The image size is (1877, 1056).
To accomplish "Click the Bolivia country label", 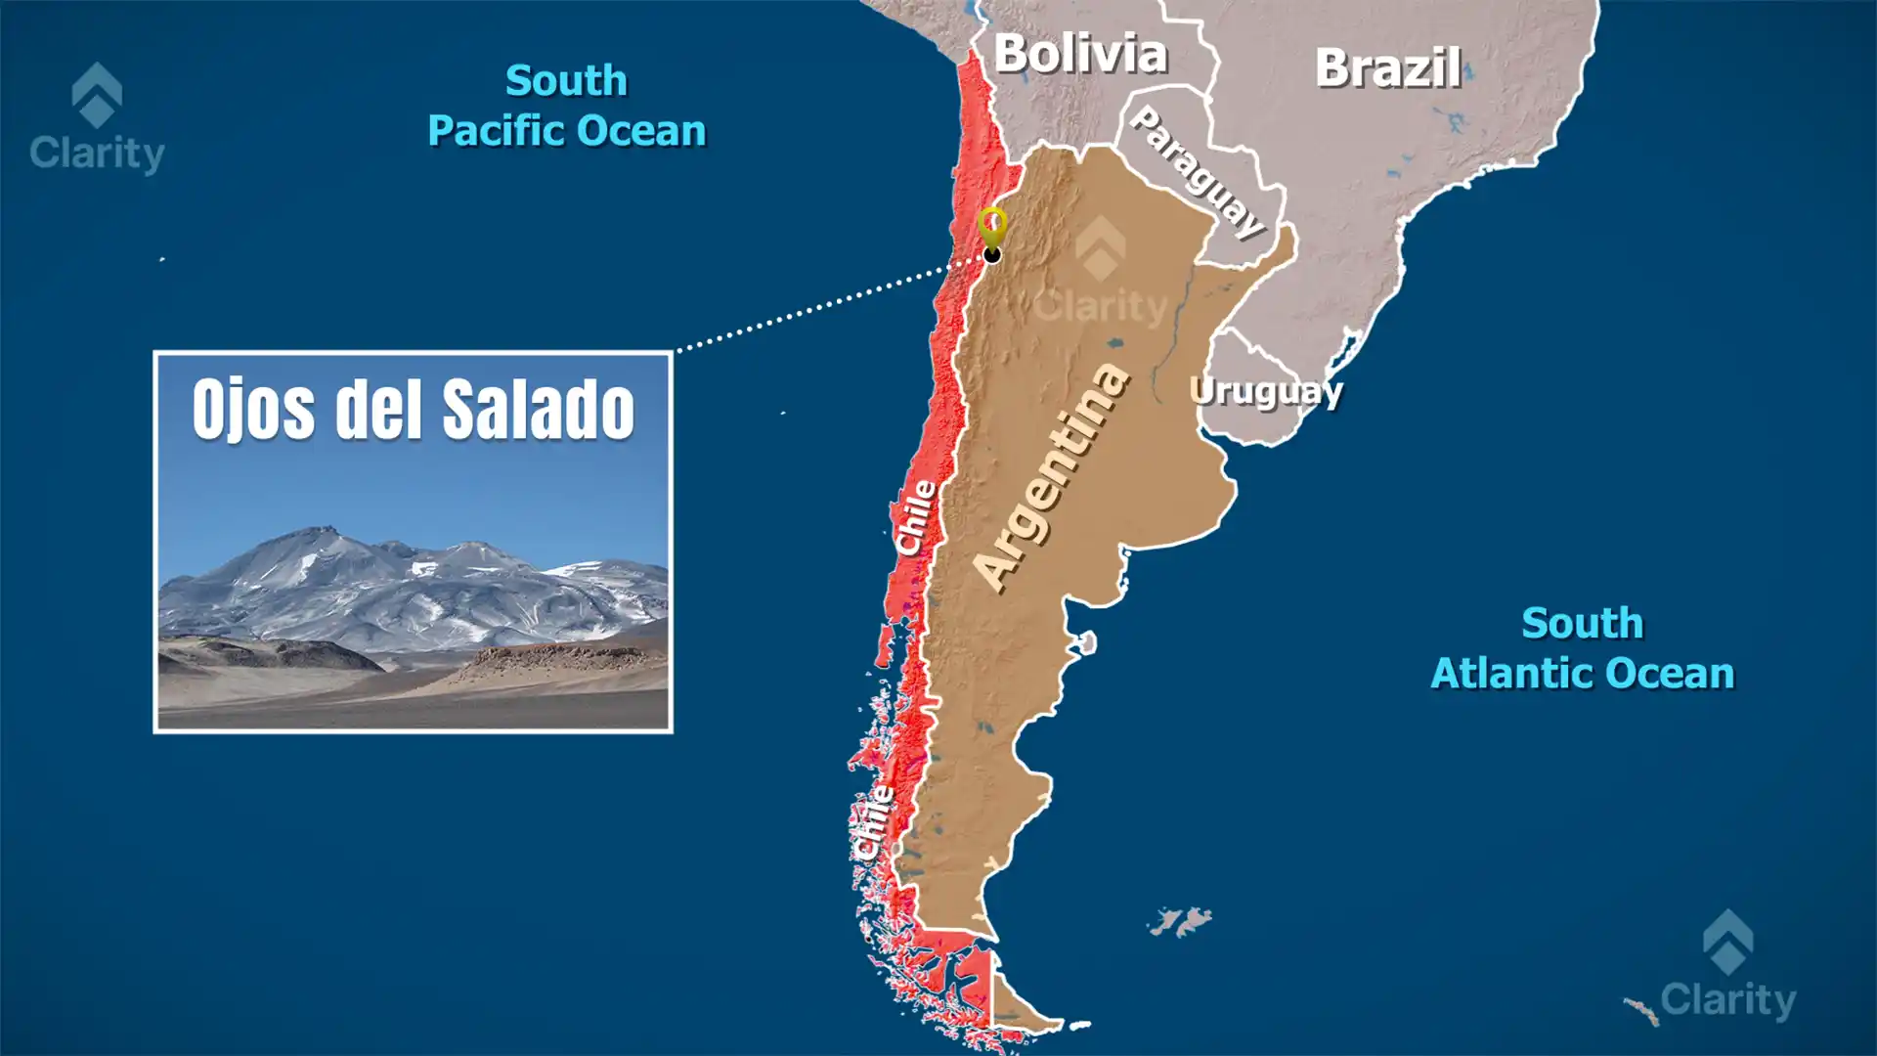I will [x=1080, y=54].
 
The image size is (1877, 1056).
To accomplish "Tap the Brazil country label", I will [x=1387, y=68].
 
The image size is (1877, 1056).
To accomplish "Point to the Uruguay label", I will [x=1266, y=391].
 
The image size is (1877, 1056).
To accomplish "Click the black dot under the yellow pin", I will [x=992, y=255].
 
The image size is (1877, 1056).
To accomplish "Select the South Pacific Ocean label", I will [x=566, y=106].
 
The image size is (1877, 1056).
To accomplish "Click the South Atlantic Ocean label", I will [x=1582, y=648].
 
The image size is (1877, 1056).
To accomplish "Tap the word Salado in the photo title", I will [x=539, y=410].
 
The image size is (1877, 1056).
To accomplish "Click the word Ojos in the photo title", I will [x=253, y=410].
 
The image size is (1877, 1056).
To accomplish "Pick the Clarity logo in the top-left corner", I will [x=97, y=117].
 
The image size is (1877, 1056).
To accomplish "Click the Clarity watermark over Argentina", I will [x=1101, y=273].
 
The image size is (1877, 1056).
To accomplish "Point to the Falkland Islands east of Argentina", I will [x=1180, y=921].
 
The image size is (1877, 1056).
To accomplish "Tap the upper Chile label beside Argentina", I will [x=916, y=517].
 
